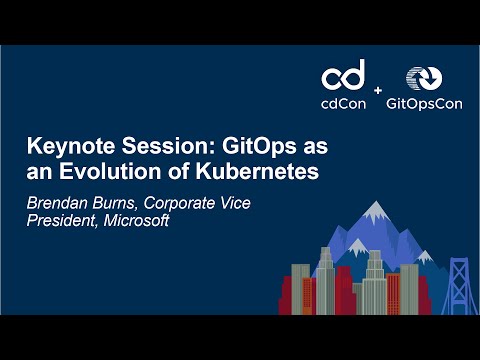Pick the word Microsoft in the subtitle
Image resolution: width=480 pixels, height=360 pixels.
pos(136,220)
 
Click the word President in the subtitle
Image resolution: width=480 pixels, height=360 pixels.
pos(58,220)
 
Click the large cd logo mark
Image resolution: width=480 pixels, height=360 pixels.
pos(343,75)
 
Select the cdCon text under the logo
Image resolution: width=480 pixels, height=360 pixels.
pos(343,101)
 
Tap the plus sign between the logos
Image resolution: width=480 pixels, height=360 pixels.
pos(378,91)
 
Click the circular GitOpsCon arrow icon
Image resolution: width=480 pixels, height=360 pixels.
pos(420,78)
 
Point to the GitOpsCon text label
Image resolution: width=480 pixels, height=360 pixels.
pos(420,101)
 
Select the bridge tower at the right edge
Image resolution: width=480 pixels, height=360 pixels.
pos(460,280)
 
